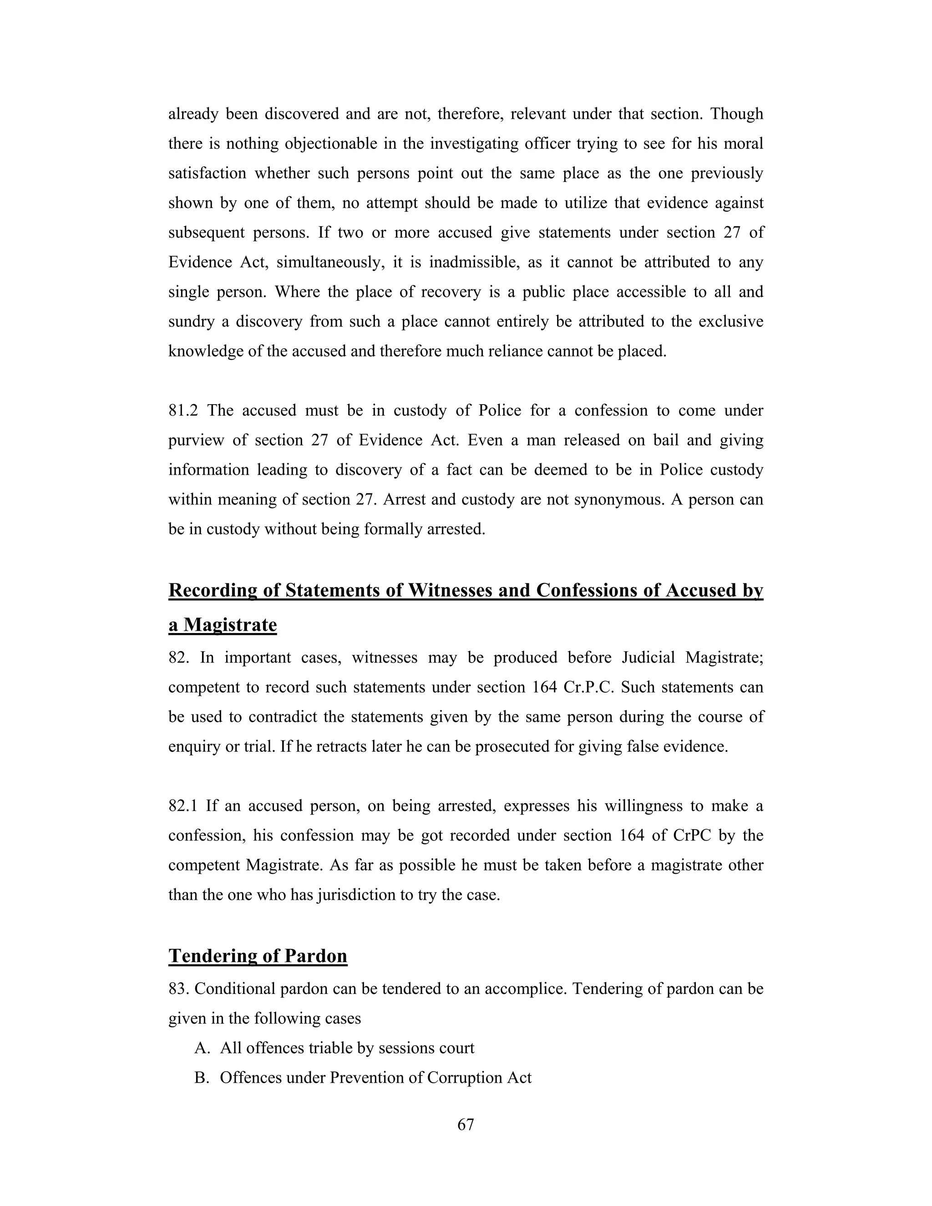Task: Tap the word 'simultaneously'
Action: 329,262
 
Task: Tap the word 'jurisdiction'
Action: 357,895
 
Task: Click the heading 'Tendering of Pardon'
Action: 258,956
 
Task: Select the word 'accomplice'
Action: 525,989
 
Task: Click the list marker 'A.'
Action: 202,1048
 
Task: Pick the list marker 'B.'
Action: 202,1078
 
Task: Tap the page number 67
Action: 466,1125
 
